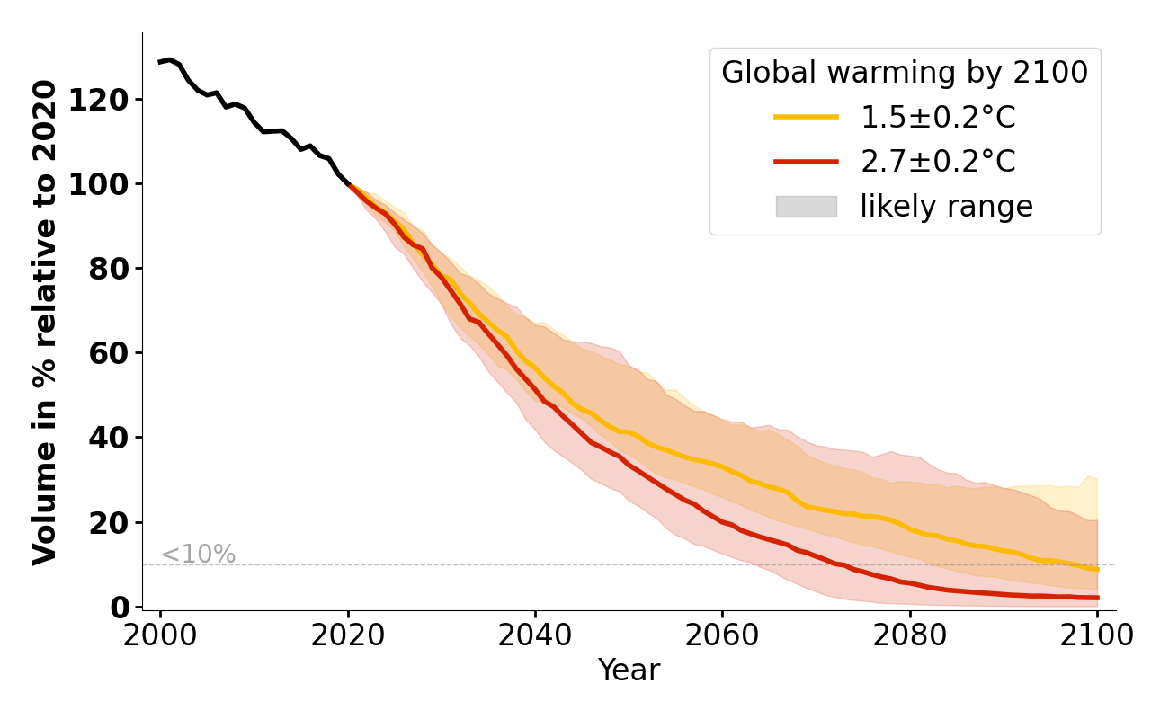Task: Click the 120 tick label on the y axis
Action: coord(105,99)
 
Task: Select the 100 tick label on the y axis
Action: coord(105,183)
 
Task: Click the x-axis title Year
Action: coord(629,670)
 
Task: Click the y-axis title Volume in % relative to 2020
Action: coord(45,322)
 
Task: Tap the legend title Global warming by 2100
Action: coord(905,73)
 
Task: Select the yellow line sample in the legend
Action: coord(806,117)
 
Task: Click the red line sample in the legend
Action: coord(806,162)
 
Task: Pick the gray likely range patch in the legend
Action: coord(806,207)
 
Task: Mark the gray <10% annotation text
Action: coord(198,555)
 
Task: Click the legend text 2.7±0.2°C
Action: coord(938,162)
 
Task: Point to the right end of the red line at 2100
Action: coord(1096,598)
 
